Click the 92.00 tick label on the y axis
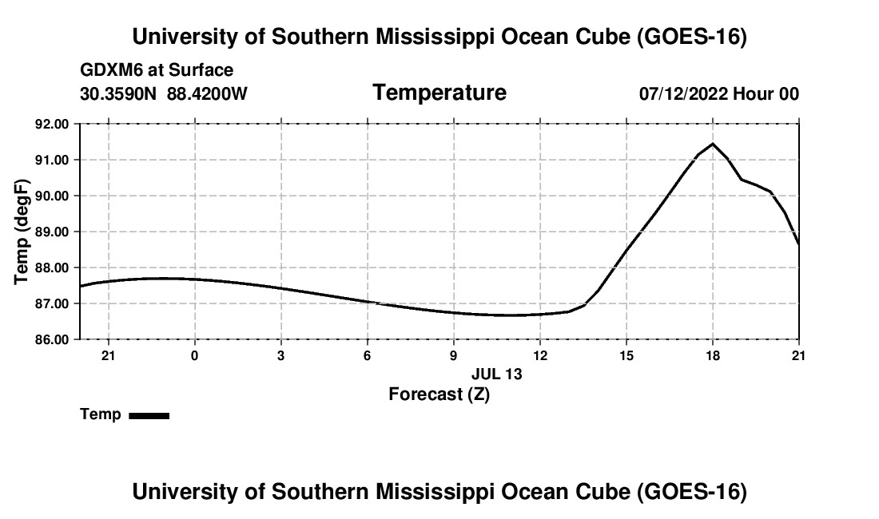(52, 124)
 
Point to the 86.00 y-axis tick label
(52, 339)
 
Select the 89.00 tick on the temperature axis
(52, 232)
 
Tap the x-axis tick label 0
(194, 355)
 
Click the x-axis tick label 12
(540, 355)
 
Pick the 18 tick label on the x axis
(713, 355)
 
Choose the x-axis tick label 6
(368, 355)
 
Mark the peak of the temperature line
(713, 144)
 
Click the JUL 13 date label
(497, 374)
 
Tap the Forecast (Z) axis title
(439, 394)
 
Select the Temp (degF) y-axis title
(22, 232)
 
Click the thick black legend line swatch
(149, 415)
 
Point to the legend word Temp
(101, 414)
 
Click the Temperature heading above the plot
(439, 93)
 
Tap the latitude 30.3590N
(118, 93)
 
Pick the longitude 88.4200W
(207, 93)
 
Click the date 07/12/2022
(683, 93)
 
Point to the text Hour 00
(766, 93)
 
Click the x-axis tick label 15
(626, 355)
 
